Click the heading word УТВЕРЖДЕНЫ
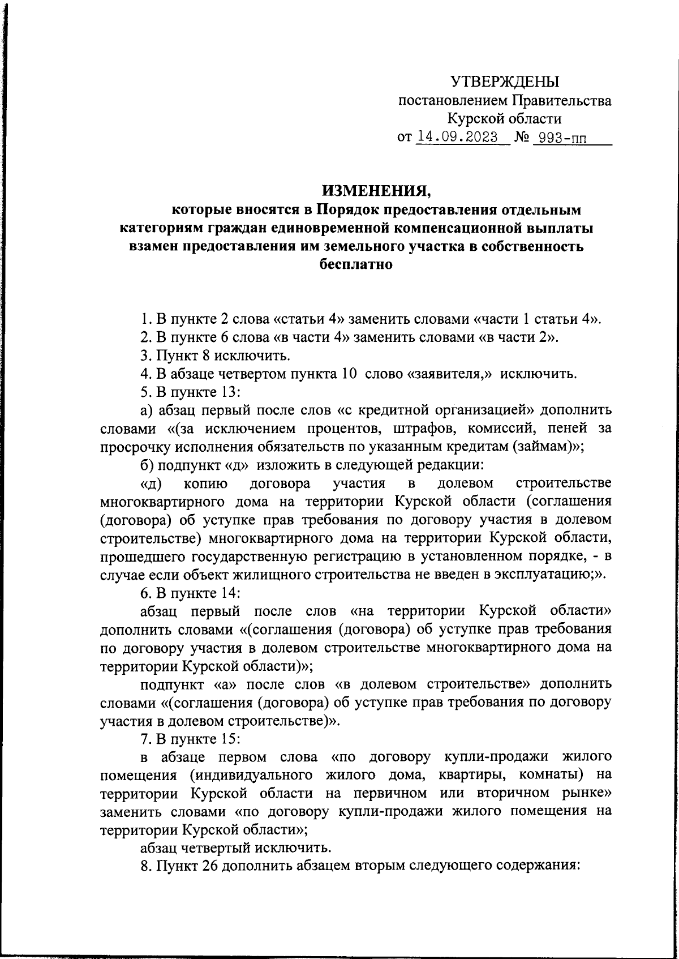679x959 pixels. click(504, 83)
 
